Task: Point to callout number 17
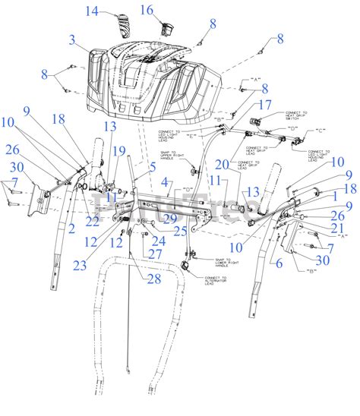click(264, 105)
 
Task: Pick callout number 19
click(119, 151)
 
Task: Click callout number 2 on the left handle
click(71, 227)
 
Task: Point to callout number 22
click(92, 220)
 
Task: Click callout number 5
click(153, 166)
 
